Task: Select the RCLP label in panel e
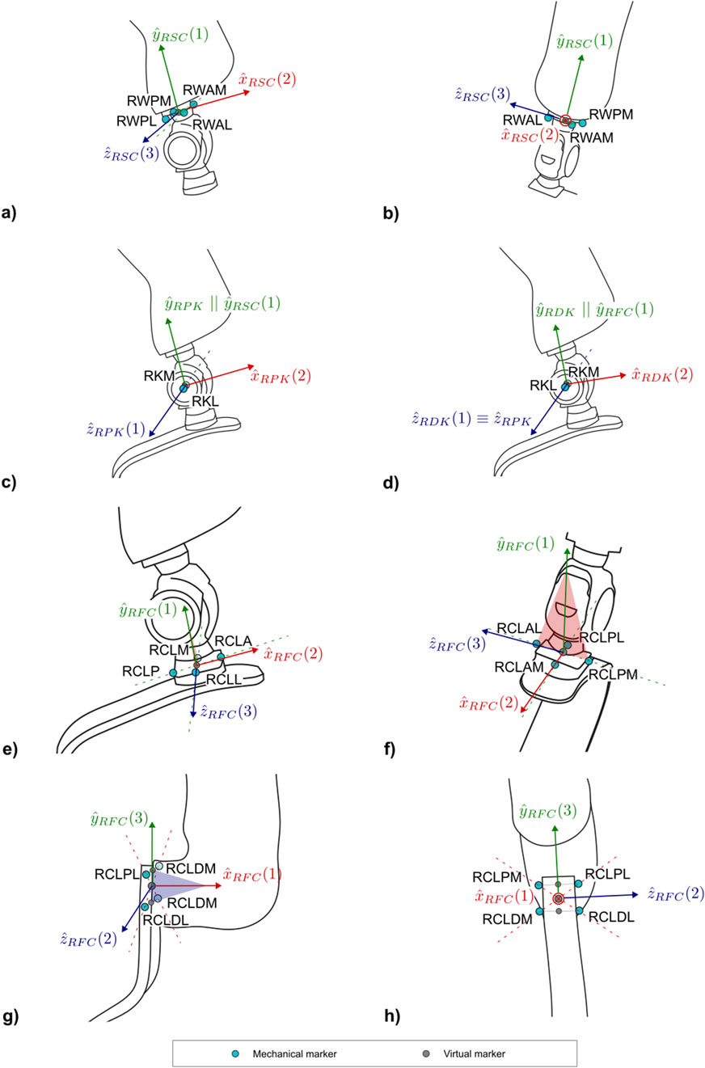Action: (139, 670)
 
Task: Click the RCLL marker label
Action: (223, 682)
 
